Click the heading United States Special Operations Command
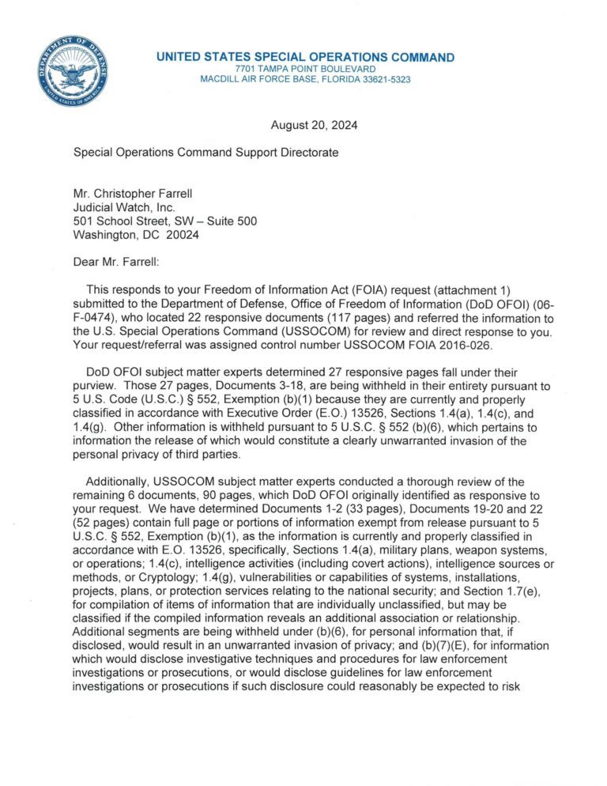(x=305, y=57)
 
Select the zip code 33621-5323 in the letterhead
(x=383, y=80)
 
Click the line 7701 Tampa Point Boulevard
(x=305, y=69)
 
